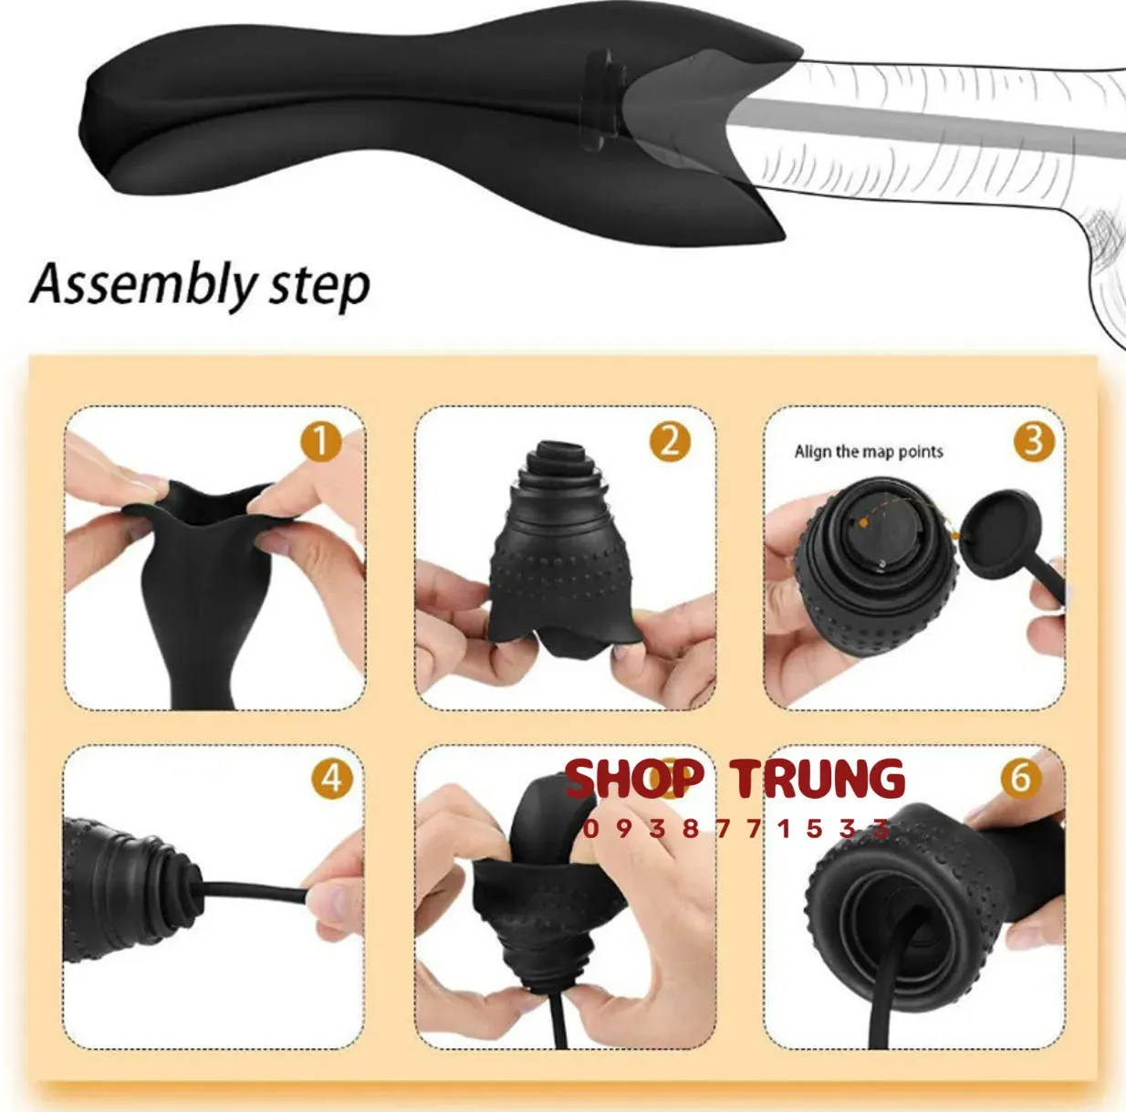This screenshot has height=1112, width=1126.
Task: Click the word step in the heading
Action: pos(319,287)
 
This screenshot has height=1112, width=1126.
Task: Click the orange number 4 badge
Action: pos(332,779)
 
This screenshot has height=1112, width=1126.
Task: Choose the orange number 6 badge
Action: pos(1021,779)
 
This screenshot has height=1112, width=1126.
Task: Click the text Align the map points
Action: pos(869,452)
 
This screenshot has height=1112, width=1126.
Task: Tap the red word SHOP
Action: pos(634,778)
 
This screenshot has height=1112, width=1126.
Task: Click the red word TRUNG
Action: pos(818,778)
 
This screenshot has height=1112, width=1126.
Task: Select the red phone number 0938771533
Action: pos(736,828)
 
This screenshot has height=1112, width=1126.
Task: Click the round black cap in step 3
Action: pos(998,534)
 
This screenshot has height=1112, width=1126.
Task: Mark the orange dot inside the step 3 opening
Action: pos(863,522)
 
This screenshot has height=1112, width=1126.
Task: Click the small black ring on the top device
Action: pos(599,100)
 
